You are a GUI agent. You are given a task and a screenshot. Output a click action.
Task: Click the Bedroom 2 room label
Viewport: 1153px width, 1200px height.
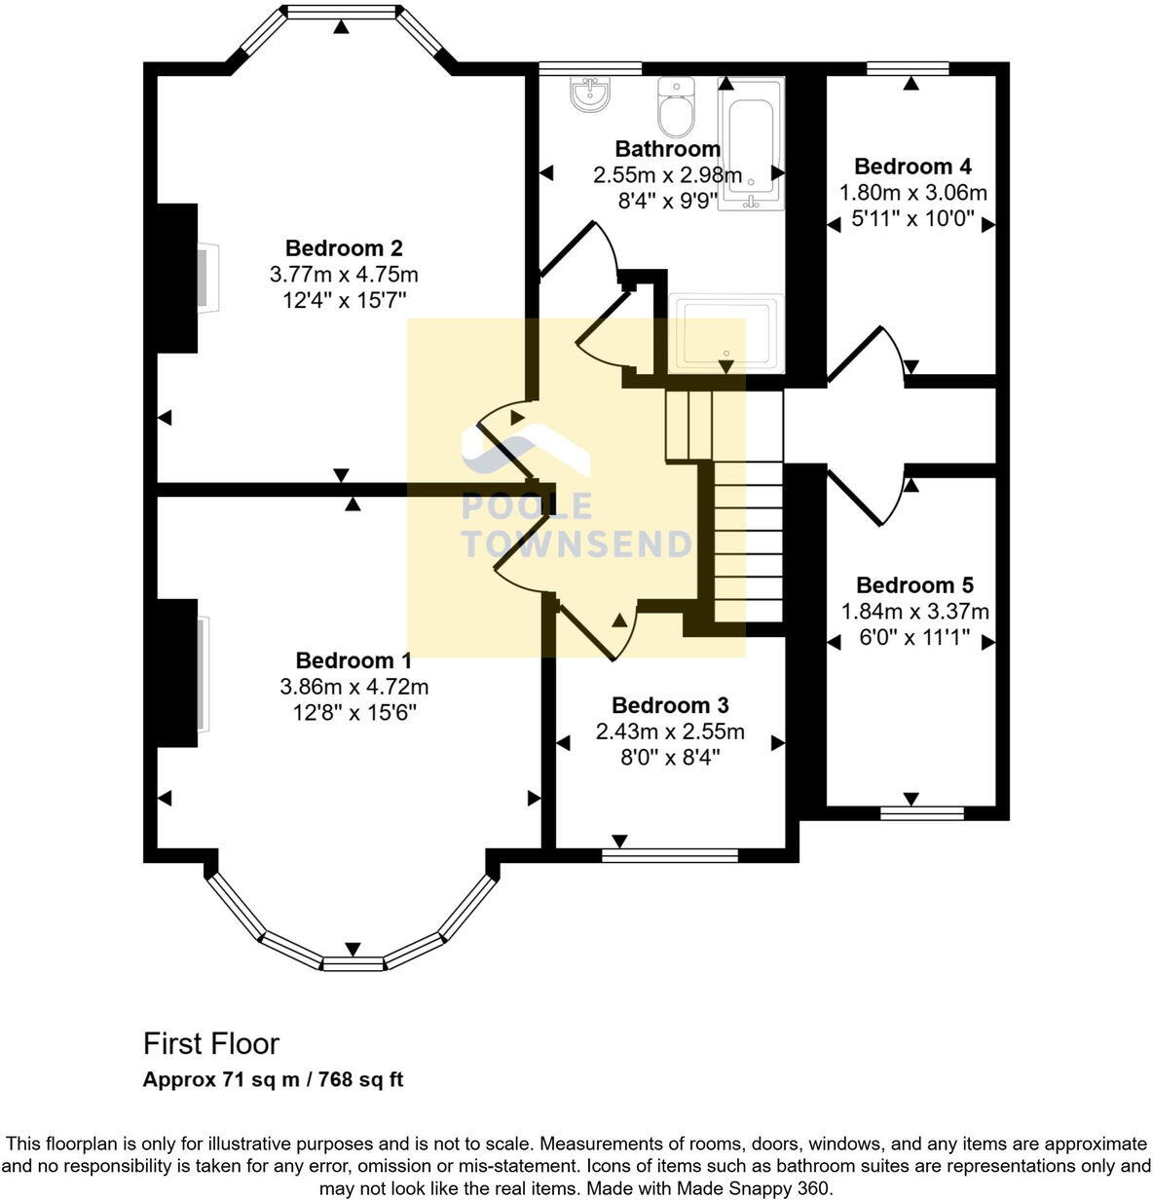point(343,248)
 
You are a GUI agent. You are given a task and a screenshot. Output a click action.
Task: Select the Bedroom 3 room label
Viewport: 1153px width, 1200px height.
point(669,705)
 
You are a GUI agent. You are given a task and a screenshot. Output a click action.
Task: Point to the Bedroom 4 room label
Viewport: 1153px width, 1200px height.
point(912,167)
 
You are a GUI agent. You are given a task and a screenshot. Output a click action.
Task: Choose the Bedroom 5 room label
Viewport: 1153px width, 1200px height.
point(914,585)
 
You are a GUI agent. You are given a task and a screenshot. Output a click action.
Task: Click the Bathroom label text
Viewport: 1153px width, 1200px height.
point(668,149)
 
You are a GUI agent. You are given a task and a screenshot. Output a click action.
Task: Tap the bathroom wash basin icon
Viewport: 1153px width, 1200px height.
point(590,94)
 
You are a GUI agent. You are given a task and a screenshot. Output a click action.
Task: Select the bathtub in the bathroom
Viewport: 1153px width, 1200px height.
point(751,142)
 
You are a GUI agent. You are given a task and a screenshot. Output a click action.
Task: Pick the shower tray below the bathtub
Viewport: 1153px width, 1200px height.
point(725,333)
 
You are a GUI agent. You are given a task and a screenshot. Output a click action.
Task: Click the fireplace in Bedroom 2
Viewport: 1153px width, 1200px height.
point(206,279)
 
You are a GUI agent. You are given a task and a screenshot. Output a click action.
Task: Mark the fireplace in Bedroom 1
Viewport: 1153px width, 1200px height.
point(202,673)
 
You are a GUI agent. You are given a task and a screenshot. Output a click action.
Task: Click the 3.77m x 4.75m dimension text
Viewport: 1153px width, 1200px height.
point(343,275)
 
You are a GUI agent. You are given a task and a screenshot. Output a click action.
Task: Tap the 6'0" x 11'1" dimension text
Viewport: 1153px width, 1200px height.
point(914,638)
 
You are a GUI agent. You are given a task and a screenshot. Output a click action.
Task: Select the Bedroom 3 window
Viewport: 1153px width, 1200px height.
point(670,855)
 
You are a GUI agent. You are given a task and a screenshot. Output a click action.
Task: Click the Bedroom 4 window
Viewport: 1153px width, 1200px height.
point(908,68)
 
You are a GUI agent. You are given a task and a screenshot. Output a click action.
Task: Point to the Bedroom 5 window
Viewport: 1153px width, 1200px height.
point(921,812)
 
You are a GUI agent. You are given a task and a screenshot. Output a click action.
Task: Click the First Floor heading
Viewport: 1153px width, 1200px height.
point(210,1044)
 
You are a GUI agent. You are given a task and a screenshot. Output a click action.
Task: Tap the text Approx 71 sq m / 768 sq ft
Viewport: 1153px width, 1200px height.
point(273,1079)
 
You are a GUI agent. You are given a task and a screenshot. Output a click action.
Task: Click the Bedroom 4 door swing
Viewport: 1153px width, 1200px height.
point(867,356)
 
